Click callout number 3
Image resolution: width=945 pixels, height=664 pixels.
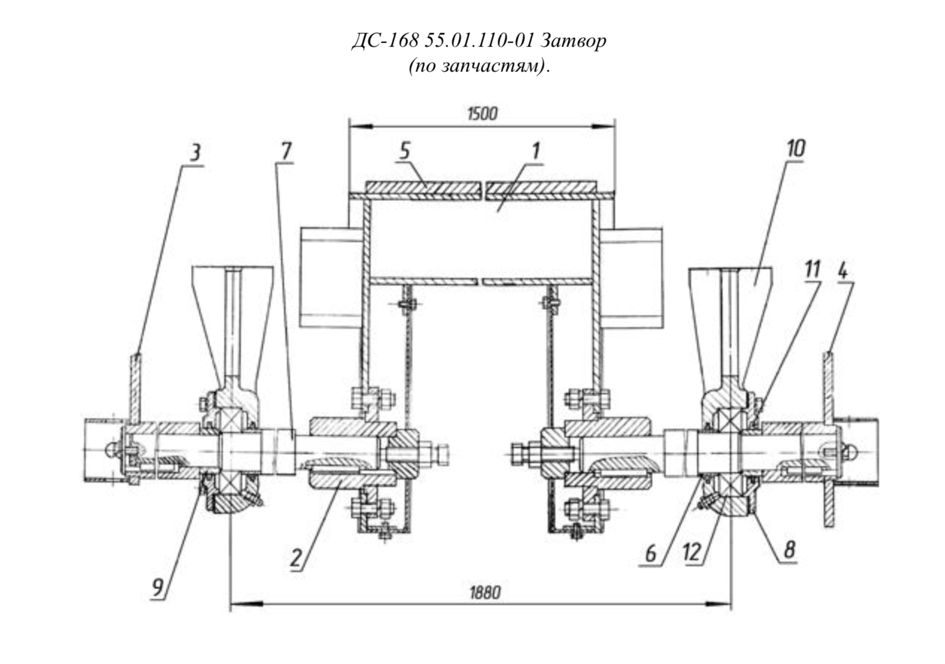pos(195,154)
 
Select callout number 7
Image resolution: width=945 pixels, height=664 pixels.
pos(286,151)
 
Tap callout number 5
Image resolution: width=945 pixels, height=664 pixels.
pos(404,151)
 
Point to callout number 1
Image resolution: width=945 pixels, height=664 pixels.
pos(535,151)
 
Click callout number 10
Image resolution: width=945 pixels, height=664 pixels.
pos(796,148)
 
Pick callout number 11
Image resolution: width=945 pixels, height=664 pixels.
pos(812,269)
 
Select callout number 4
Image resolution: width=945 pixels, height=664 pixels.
pos(842,271)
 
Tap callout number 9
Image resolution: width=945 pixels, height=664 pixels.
pos(158,587)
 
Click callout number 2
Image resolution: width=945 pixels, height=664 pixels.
pos(296,558)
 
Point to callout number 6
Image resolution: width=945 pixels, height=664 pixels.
pos(651,553)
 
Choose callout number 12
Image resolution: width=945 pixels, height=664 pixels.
pos(692,552)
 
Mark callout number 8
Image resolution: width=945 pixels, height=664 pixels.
pos(789,550)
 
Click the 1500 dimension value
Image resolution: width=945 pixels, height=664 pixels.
pos(482,114)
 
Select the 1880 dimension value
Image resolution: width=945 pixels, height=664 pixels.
pos(485,593)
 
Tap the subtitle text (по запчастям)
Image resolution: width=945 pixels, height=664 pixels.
pos(480,66)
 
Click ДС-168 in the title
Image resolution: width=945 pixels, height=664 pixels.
pos(385,41)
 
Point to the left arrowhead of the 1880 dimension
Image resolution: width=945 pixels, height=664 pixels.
pos(246,605)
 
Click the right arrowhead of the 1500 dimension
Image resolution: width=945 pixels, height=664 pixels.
pos(603,126)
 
